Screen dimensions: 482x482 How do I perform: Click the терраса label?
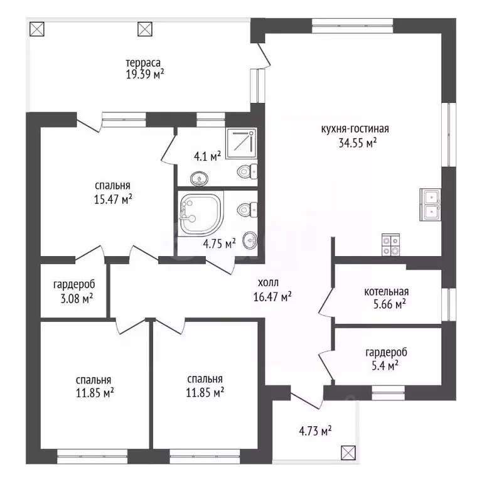(x=143, y=63)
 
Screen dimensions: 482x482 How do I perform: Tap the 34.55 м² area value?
(x=358, y=142)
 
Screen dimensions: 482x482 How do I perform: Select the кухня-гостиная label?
(x=355, y=129)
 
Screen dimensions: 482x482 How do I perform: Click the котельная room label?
(x=387, y=291)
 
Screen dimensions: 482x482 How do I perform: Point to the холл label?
(x=269, y=282)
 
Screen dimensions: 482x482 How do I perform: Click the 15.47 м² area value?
(x=113, y=199)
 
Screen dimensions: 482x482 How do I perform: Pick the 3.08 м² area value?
(x=77, y=298)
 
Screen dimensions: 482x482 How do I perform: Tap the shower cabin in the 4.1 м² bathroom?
(x=241, y=144)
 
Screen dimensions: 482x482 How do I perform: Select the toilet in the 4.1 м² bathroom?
(x=247, y=171)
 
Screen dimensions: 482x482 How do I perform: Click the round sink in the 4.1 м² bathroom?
(x=199, y=179)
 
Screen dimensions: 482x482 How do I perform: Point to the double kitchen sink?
(x=431, y=204)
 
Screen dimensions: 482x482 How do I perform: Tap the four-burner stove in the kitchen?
(x=391, y=245)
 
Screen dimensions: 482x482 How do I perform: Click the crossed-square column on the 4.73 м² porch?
(x=348, y=453)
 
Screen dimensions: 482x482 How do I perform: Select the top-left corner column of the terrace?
(x=37, y=29)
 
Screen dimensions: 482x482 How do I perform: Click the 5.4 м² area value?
(x=385, y=366)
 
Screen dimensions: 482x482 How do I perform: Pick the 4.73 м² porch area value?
(x=315, y=431)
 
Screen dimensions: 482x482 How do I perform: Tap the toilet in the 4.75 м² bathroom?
(x=247, y=210)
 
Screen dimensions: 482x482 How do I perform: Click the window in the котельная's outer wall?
(x=449, y=304)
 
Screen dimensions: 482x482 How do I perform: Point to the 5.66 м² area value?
(x=390, y=304)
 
